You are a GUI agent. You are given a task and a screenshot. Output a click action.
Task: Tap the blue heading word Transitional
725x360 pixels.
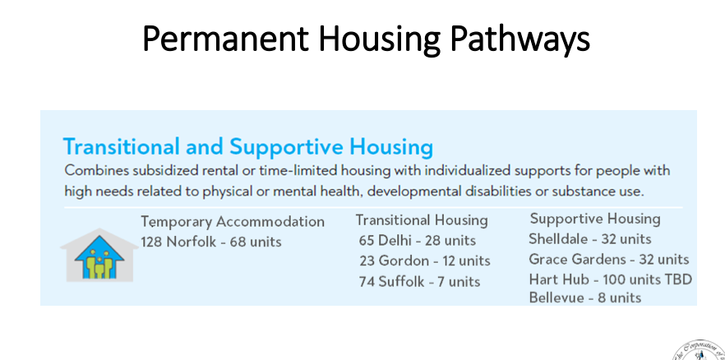121,146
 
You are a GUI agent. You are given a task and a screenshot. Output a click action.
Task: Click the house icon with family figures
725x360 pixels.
99,255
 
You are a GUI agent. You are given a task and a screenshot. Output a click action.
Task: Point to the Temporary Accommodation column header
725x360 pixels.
233,222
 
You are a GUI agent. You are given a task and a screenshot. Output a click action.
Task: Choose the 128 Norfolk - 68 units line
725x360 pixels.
210,242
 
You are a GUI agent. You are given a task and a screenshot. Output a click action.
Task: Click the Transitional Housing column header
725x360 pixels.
422,220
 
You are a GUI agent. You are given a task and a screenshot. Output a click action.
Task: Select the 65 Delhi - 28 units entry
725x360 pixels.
417,240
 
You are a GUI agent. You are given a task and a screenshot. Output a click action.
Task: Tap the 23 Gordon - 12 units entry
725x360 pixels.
425,261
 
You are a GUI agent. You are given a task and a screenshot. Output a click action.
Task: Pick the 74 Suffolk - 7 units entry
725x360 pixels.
419,281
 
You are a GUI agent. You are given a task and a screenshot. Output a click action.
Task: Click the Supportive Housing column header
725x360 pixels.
595,219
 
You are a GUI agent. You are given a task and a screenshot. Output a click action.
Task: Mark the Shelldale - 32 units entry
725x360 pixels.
590,239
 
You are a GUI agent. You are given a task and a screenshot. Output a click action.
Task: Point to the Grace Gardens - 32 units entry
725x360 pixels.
609,259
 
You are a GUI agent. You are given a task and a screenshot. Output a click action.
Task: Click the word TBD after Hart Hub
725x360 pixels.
678,279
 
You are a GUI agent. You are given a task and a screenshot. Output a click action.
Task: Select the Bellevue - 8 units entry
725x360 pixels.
585,298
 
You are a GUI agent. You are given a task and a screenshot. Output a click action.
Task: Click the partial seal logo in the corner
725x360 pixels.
698,351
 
